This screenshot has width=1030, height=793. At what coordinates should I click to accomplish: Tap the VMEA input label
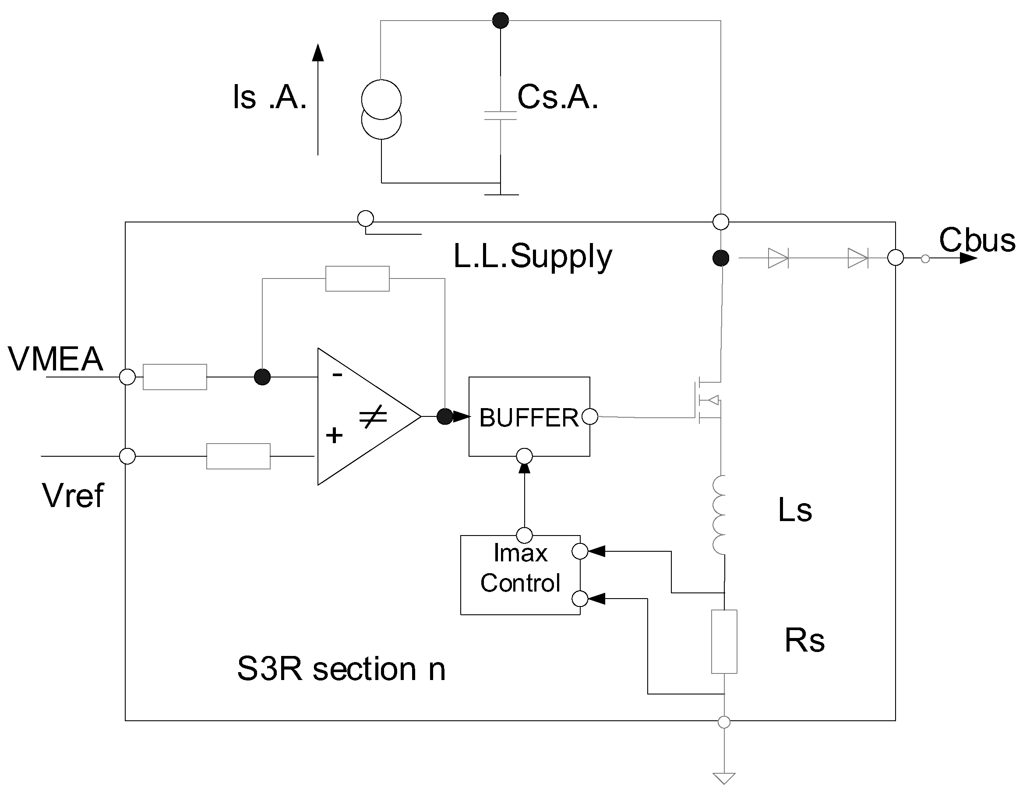56,359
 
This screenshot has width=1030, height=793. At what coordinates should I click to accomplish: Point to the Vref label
73,496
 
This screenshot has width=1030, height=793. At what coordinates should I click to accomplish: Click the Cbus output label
977,240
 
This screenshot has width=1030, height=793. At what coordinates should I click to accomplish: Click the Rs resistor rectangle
724,641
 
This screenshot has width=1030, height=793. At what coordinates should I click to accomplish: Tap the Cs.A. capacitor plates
501,116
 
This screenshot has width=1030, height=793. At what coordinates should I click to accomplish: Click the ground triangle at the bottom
724,778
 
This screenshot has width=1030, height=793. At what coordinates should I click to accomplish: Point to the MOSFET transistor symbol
709,400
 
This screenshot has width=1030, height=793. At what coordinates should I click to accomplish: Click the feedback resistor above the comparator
357,278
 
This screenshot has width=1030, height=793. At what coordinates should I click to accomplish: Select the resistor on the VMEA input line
175,377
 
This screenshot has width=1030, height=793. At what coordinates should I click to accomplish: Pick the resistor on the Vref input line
238,456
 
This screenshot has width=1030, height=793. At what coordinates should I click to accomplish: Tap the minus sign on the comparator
337,375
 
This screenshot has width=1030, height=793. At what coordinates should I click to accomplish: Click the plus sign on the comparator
335,435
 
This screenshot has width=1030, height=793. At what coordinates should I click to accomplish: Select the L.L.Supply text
533,257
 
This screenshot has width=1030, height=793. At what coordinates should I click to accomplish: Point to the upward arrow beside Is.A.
318,99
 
